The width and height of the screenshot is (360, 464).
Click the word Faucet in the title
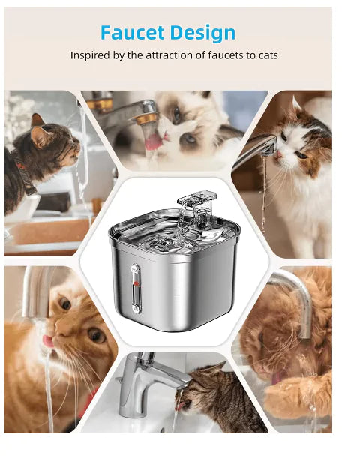click(132, 33)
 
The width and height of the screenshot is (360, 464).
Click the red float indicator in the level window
click(136, 283)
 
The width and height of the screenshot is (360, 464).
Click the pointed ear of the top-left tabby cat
click(37, 120)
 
